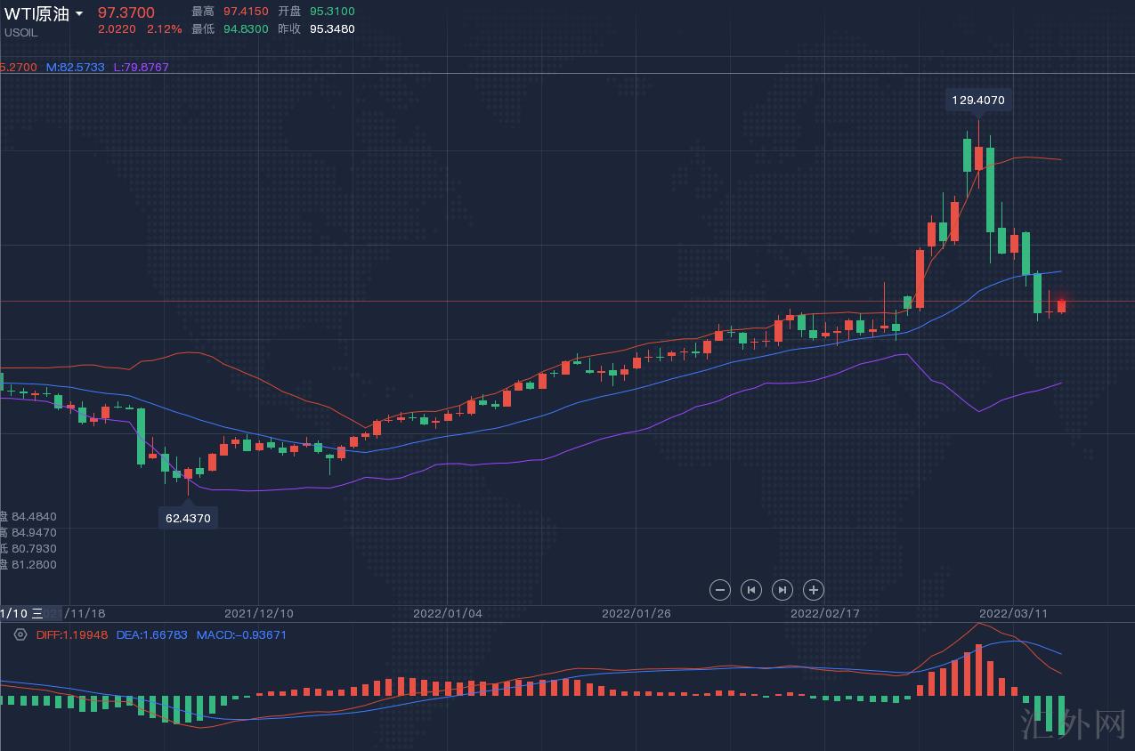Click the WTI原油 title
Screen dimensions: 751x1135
pos(36,13)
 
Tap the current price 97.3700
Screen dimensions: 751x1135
pos(126,12)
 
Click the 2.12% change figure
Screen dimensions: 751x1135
pos(164,29)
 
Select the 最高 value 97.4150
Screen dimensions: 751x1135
pos(247,12)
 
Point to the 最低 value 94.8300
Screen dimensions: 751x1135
pos(247,29)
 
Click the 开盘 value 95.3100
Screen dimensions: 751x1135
pos(332,12)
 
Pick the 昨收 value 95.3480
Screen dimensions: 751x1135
pos(332,29)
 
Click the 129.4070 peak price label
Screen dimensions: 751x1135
pos(977,101)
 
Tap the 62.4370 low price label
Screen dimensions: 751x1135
pos(188,517)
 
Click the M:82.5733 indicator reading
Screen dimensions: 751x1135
pos(76,68)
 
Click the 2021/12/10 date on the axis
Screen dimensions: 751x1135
pos(258,614)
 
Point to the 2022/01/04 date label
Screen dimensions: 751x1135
pos(447,614)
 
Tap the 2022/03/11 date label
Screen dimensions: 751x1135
pos(1013,614)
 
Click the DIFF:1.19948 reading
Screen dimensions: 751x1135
pos(72,635)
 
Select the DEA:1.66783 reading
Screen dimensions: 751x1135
pos(151,635)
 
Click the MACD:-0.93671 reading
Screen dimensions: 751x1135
pos(241,635)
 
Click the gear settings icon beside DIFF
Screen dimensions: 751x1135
pos(20,634)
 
